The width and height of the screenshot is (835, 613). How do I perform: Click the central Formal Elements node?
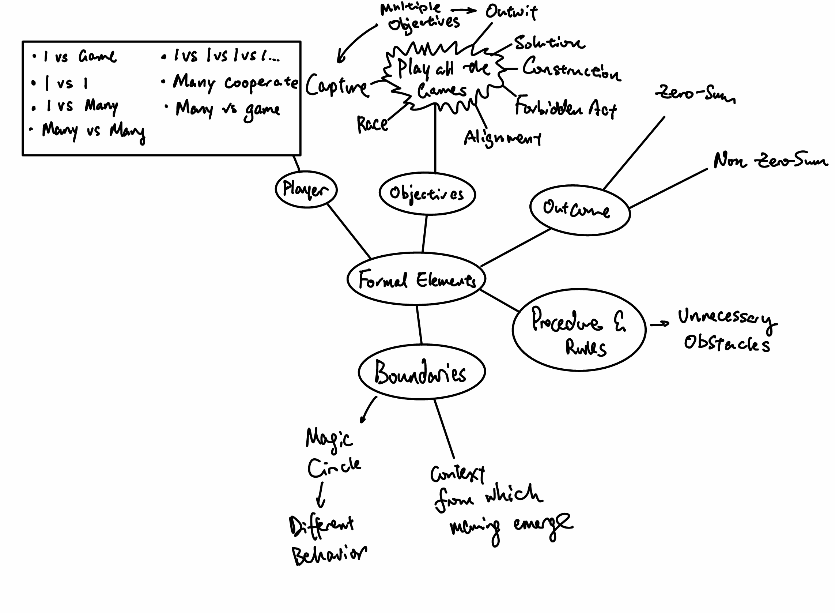(x=416, y=279)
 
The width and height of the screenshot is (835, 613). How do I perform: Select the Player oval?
(x=306, y=189)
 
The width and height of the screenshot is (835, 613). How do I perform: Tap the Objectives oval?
(x=427, y=194)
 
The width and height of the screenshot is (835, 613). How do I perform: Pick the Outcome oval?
(x=579, y=210)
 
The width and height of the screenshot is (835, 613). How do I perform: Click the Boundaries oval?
(x=422, y=372)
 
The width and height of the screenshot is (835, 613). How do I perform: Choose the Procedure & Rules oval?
(x=579, y=330)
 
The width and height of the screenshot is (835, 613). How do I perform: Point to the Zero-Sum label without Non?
(x=694, y=93)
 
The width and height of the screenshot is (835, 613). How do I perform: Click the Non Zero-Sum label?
(x=770, y=161)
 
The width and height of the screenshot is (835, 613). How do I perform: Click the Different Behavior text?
(x=326, y=540)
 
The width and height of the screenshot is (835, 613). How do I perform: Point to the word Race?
(x=372, y=124)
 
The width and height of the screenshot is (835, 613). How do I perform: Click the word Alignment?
(x=502, y=138)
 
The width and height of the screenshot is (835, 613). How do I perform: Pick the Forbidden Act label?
(x=565, y=108)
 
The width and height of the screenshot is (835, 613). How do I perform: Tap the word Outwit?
(x=511, y=12)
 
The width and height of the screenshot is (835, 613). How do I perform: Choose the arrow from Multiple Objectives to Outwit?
(x=464, y=10)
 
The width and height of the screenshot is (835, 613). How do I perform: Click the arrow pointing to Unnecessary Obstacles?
(x=659, y=324)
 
